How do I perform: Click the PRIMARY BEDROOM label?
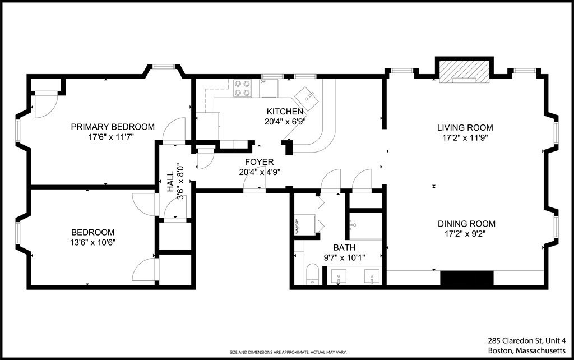click(x=113, y=127)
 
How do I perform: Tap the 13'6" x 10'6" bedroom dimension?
click(x=93, y=242)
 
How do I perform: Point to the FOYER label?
click(x=259, y=162)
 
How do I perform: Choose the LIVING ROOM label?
click(x=465, y=127)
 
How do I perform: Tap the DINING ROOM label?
click(x=466, y=223)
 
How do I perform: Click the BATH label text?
click(x=344, y=247)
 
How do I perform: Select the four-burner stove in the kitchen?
click(x=242, y=88)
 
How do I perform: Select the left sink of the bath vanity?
click(x=339, y=276)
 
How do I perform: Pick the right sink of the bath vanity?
click(x=371, y=276)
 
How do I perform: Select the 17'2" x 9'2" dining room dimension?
click(x=466, y=233)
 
